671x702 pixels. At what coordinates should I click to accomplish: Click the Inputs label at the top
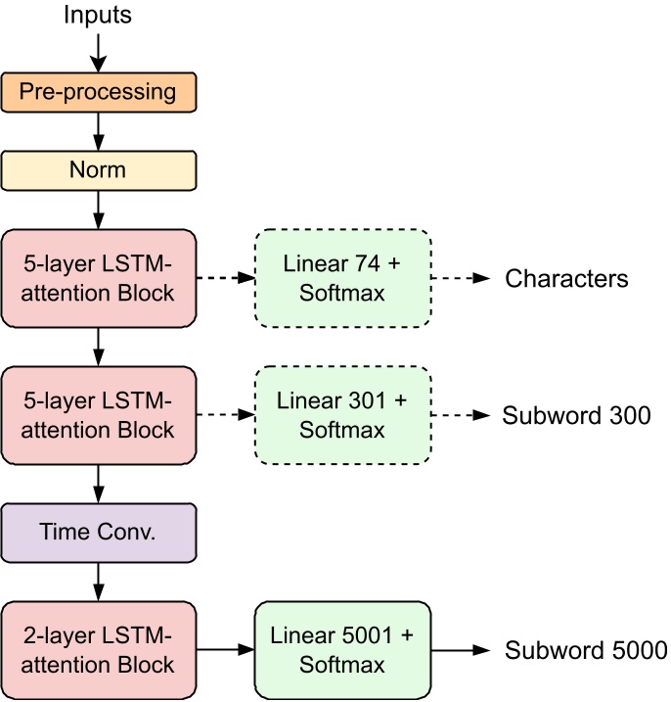point(97,15)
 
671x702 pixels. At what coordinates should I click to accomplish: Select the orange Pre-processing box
point(98,93)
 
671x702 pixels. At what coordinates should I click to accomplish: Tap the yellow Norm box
point(98,168)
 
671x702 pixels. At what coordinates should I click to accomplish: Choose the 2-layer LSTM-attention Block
point(98,650)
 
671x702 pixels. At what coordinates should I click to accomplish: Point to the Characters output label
point(566,279)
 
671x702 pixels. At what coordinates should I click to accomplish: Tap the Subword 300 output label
point(576,415)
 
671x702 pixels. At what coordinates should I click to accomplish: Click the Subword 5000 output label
point(585,650)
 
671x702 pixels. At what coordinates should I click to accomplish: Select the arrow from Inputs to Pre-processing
point(98,50)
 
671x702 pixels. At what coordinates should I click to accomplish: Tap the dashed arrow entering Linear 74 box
point(225,278)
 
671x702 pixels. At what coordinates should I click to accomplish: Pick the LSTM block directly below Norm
point(98,278)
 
